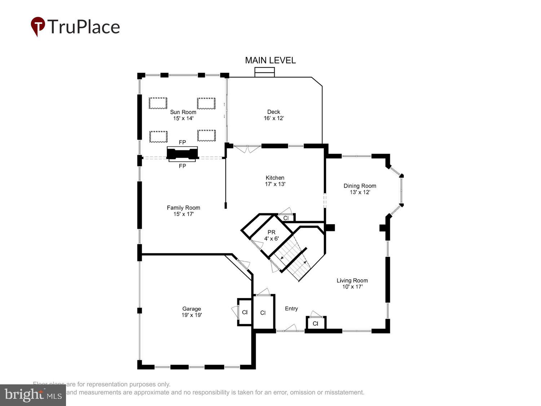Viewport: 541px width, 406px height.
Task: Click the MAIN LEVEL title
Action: (x=270, y=60)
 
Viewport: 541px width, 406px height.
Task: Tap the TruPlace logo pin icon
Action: (x=38, y=26)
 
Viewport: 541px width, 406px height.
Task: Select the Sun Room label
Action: (x=183, y=112)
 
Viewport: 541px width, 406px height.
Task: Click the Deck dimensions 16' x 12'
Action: (x=274, y=118)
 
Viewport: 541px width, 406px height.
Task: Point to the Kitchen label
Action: (x=275, y=178)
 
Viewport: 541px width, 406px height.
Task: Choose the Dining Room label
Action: (x=360, y=186)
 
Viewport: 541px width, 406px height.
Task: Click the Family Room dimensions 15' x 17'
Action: (x=184, y=214)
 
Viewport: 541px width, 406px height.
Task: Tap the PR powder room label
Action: (x=271, y=232)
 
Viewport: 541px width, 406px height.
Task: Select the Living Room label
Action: (x=352, y=280)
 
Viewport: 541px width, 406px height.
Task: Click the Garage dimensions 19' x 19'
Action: (x=192, y=315)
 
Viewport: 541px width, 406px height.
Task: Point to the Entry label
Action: (x=291, y=309)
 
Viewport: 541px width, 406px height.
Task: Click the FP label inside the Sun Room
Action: (x=182, y=143)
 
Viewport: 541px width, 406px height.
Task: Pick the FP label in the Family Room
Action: (x=182, y=166)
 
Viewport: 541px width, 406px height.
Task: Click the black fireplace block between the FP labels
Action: (x=182, y=154)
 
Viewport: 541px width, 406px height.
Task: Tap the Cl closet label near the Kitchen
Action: (x=286, y=218)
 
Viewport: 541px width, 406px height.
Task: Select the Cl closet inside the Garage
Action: (x=245, y=312)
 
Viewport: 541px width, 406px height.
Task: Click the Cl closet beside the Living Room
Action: (x=316, y=323)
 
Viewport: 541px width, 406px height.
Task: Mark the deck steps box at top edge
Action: (x=265, y=72)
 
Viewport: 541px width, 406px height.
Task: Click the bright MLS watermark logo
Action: (x=33, y=395)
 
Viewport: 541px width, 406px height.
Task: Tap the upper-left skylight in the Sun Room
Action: (x=158, y=103)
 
